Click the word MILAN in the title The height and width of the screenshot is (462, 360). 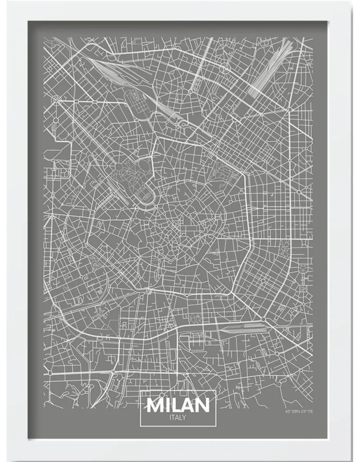click(x=178, y=406)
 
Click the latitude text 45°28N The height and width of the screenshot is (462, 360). click(x=291, y=411)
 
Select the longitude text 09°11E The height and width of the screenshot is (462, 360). click(x=306, y=411)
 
